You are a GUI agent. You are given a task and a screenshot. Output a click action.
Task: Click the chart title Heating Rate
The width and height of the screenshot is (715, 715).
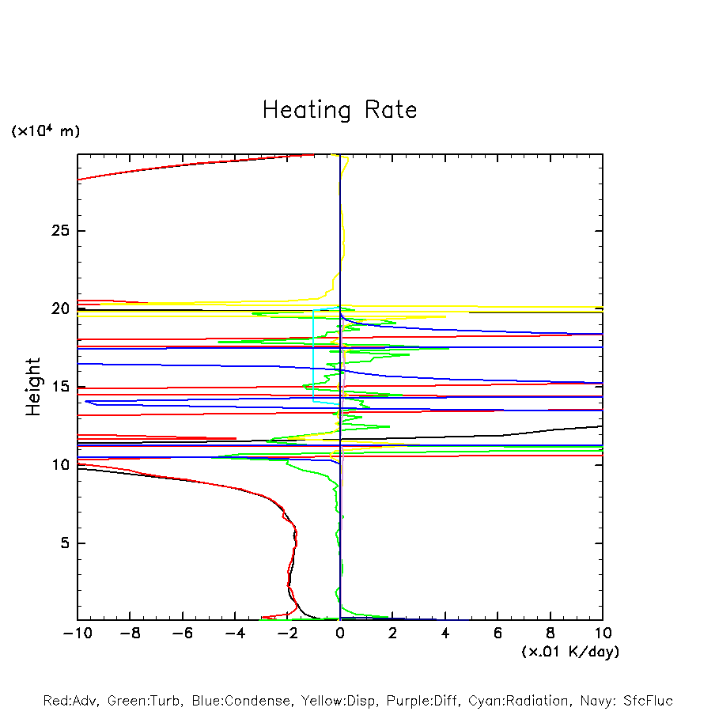point(339,110)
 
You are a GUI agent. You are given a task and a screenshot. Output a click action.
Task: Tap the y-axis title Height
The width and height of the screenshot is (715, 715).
point(32,386)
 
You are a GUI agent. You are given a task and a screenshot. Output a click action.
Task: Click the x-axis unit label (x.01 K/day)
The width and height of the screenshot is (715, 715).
point(570,652)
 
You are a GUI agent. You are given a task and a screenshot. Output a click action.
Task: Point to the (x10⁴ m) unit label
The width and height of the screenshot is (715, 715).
point(46,131)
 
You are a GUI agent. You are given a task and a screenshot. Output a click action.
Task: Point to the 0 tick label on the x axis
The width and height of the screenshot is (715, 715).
point(340,634)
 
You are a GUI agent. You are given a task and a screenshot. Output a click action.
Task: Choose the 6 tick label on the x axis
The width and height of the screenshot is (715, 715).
point(497,634)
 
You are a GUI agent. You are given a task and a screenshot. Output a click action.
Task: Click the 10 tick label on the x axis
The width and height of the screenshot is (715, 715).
point(603,634)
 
